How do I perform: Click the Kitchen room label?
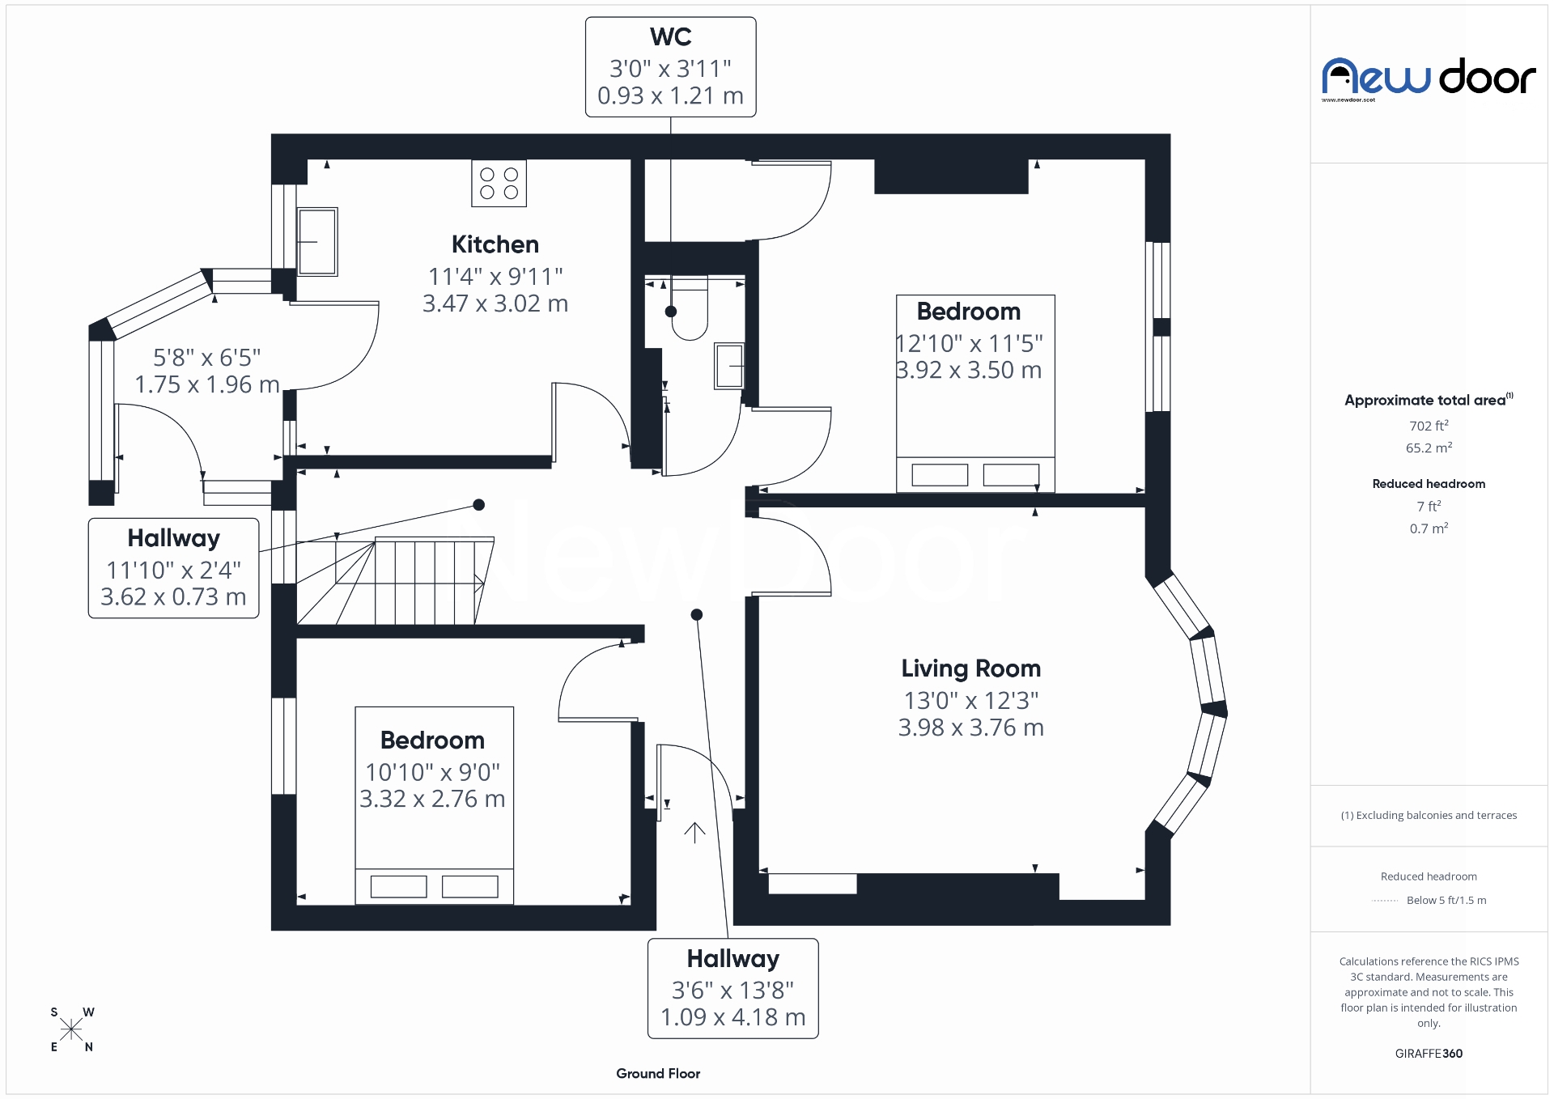point(495,244)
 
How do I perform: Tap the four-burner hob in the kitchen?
point(499,183)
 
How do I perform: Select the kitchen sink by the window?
point(316,241)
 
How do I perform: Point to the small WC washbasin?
point(729,366)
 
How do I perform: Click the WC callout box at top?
point(670,67)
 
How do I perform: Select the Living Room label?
point(970,668)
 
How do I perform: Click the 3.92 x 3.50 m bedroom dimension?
point(969,371)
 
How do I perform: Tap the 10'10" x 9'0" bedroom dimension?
point(432,772)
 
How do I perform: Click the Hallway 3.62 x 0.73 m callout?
point(173,568)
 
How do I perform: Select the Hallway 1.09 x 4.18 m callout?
point(732,988)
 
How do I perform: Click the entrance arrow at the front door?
point(694,832)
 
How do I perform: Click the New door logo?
point(1429,78)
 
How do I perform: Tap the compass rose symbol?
point(71,1029)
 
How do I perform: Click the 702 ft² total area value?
point(1429,426)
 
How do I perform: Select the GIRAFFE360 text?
point(1429,1054)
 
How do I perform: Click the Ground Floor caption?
point(658,1074)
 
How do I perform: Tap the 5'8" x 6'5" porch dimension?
point(207,358)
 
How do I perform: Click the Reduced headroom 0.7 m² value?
point(1429,528)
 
